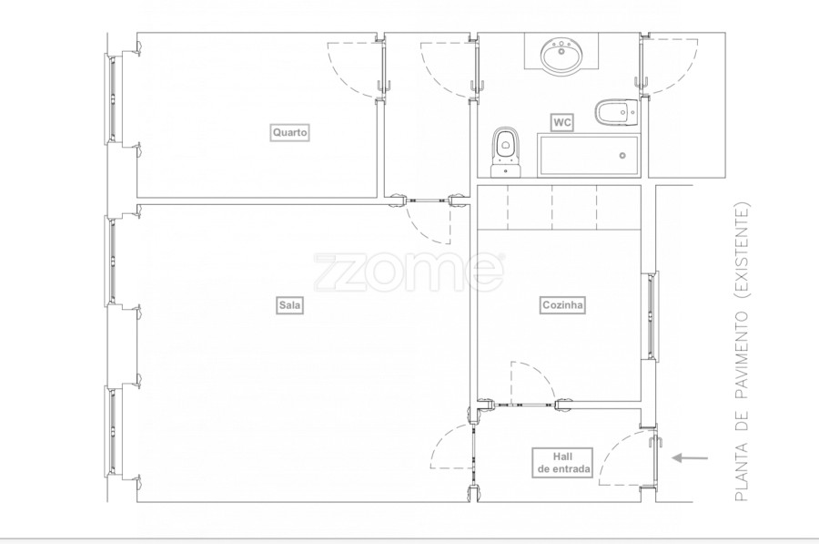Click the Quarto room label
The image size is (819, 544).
(x=290, y=132)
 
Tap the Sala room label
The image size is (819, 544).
(x=290, y=305)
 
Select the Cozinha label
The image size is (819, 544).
(x=562, y=305)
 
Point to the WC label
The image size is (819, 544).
(x=562, y=123)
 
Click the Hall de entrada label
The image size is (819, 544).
(x=563, y=463)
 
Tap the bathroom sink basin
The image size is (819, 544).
(x=561, y=55)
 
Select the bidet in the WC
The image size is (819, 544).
(x=616, y=112)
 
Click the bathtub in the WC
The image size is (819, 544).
(x=588, y=156)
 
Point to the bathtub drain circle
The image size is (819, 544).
(x=622, y=155)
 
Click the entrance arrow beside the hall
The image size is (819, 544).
(x=690, y=458)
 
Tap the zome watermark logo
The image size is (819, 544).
(x=409, y=272)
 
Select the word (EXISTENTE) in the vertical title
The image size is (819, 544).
(x=742, y=251)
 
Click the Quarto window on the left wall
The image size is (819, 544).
(x=113, y=98)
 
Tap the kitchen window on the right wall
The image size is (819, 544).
(x=651, y=315)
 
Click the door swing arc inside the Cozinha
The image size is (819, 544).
(x=541, y=374)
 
